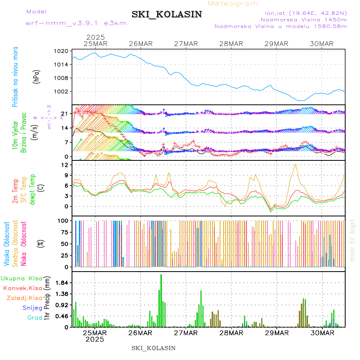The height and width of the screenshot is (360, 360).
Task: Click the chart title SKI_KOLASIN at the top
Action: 167,14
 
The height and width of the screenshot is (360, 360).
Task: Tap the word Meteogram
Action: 233,4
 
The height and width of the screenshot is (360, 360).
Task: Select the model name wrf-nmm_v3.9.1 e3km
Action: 76,23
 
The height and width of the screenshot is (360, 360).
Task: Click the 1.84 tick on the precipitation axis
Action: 62,283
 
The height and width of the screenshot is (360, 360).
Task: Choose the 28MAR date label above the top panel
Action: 231,44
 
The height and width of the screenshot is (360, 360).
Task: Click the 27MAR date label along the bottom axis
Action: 186,333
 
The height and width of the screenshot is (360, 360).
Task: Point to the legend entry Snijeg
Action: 32,308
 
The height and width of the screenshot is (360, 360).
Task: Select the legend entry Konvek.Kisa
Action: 22,288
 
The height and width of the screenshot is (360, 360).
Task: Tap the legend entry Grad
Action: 35,318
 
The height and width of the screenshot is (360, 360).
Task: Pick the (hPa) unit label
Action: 37,76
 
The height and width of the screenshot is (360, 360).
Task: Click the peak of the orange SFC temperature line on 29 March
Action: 296,164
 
